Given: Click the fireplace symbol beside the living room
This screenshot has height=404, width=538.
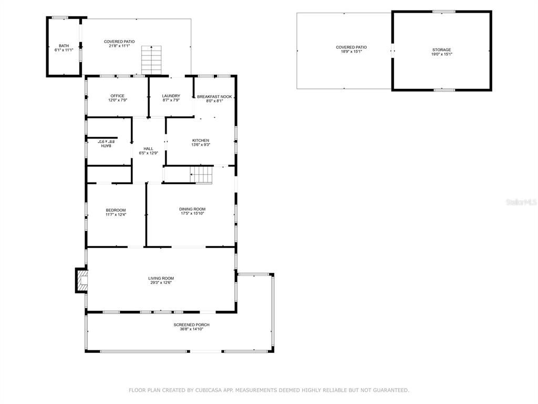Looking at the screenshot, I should pos(81,280).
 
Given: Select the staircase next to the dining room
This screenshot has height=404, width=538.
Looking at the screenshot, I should pos(202,174).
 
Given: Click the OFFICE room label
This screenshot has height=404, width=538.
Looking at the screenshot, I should pos(117,96).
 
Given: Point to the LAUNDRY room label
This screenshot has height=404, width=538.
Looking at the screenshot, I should pos(171,96).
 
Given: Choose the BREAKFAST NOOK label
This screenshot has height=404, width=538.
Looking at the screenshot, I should pos(214,97).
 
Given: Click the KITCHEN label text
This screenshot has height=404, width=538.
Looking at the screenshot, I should pos(201,140).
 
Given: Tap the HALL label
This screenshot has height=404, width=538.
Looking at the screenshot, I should pos(148,149).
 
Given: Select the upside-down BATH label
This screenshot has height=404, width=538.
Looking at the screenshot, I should pos(107,145).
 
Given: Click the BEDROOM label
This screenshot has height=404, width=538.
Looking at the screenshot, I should pos(116,210).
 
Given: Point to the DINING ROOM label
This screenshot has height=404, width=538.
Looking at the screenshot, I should pos(192,209).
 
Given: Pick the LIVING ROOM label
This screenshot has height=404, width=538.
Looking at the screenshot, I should pos(161,278).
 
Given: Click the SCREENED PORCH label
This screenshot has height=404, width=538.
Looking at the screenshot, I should pos(191,325).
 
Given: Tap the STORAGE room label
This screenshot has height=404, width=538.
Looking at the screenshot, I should pos(441,49).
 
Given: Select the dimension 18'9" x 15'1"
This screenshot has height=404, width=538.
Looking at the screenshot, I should pos(351,52).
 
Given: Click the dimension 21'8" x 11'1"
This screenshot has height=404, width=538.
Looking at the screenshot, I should pos(119,46).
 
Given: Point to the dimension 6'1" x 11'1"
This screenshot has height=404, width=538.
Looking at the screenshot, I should pos(64,50).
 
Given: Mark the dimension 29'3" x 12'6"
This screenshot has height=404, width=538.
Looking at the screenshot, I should pos(161,282).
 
